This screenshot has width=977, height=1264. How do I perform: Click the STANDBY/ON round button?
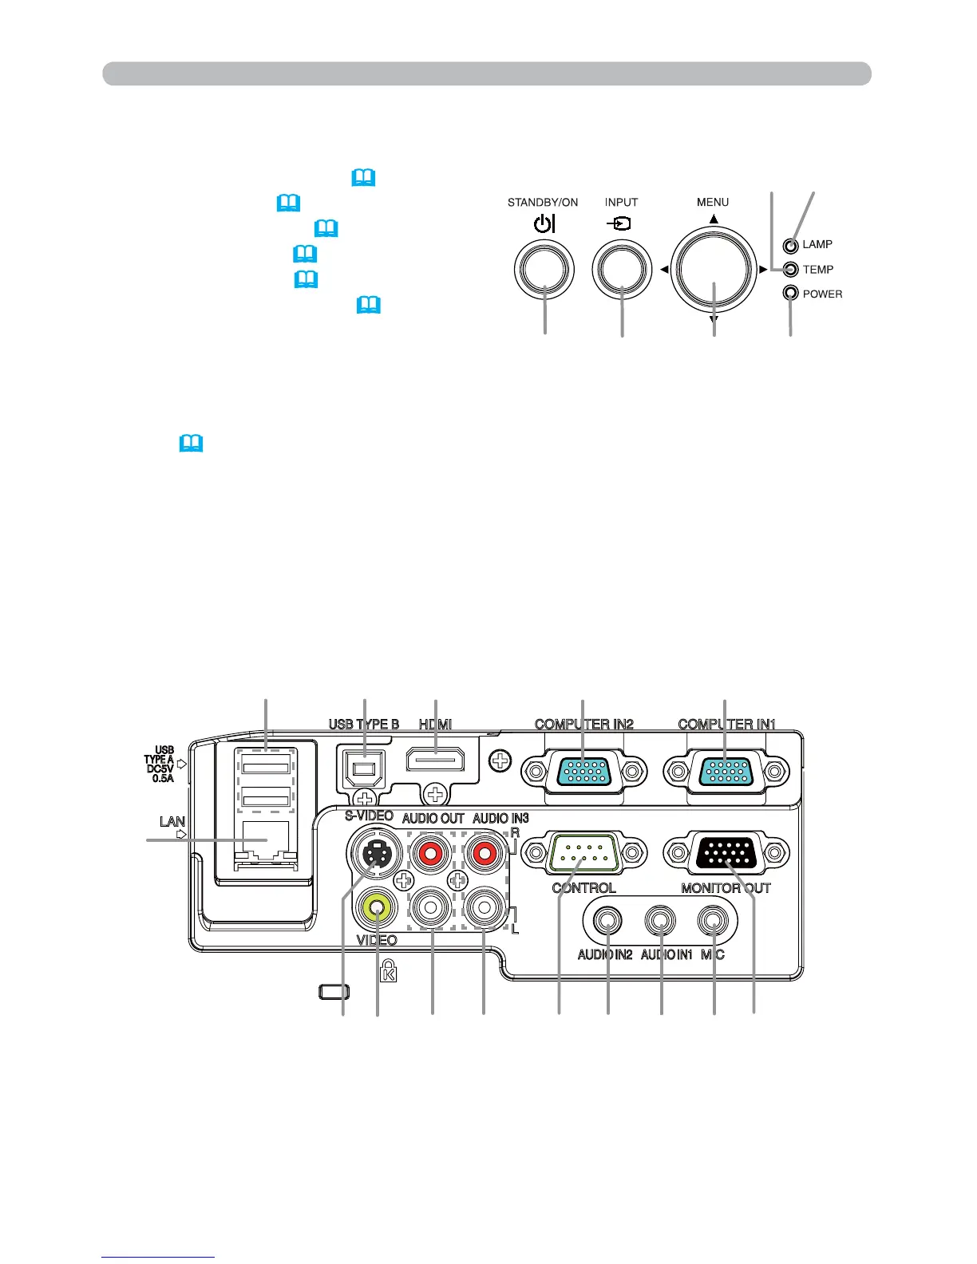point(544,269)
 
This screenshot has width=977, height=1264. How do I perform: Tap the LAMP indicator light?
point(791,246)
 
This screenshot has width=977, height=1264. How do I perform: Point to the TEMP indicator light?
point(791,270)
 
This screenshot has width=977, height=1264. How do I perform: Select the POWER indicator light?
point(791,294)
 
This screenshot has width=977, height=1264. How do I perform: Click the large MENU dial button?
point(713,270)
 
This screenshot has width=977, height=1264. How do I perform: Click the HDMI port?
point(435,760)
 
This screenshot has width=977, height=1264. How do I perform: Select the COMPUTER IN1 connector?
point(725,772)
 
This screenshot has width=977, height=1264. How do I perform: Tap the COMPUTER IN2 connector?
point(583,772)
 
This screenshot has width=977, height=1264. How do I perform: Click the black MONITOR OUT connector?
point(725,855)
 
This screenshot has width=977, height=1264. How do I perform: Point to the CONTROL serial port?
point(583,855)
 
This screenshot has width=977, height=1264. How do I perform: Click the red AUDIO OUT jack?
point(431,855)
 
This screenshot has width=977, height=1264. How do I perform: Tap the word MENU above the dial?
point(713,203)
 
